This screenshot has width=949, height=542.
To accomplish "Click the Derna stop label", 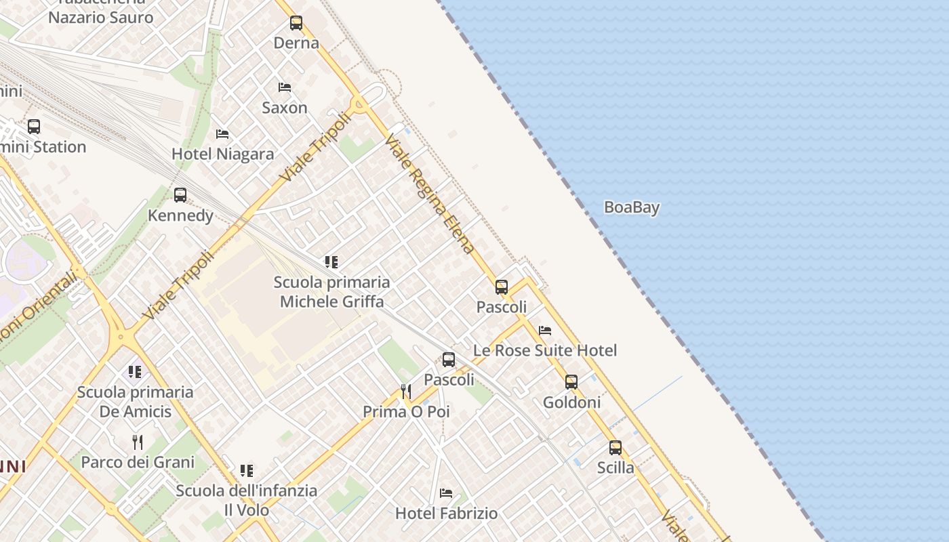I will coord(296,43).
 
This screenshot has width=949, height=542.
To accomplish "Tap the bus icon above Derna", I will coord(296,23).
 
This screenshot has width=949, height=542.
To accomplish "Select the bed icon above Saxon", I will coord(285,87).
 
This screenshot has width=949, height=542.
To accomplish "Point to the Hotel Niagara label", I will coord(223,154).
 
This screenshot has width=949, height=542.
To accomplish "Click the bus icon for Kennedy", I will coord(180,195).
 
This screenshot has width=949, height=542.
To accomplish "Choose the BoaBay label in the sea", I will coord(632,207).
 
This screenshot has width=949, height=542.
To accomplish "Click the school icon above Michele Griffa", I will coord(331,262).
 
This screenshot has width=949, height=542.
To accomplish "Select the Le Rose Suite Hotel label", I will coord(545,350).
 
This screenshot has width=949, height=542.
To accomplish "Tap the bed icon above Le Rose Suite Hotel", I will coord(545,331).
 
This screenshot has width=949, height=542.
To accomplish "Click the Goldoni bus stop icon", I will coord(571,382).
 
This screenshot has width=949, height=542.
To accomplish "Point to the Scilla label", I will coord(615,467).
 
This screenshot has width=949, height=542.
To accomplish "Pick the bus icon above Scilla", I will coord(615,448).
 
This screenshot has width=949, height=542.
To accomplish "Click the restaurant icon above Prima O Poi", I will coord(406,392).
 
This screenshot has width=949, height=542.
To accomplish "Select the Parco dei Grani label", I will coord(138,462).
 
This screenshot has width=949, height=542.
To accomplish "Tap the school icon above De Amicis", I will coord(135,372).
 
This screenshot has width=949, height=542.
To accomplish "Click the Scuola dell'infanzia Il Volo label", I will coord(247,500).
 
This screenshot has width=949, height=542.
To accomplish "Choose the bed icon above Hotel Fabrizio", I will coord(446,493).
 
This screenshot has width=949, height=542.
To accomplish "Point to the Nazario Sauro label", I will coord(101,18).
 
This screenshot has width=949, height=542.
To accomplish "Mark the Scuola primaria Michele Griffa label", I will coord(332,292).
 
